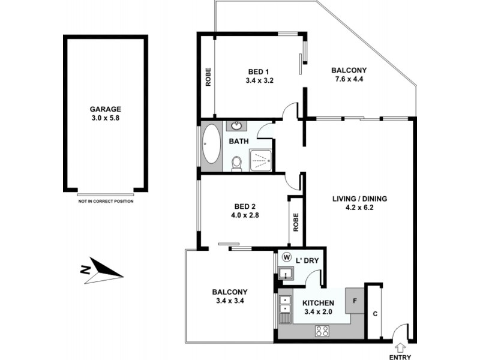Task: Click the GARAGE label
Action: point(106,109)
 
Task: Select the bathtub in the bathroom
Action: point(211,144)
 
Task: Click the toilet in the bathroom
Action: point(236,163)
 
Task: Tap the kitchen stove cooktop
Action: point(322,330)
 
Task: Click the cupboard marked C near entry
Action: point(374,313)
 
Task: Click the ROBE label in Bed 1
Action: point(208,76)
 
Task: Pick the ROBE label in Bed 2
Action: point(295,222)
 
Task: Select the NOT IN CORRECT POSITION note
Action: point(106,201)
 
